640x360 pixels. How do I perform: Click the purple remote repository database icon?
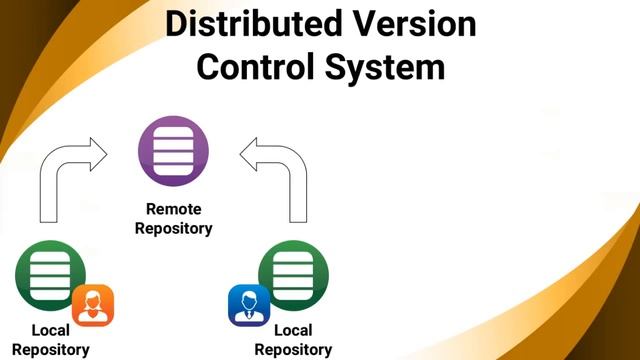click(174, 154)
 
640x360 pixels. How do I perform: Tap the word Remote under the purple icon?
click(174, 209)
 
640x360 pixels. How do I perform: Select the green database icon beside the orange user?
click(48, 275)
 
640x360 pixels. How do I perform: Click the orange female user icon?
click(93, 305)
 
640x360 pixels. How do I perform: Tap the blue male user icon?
click(248, 305)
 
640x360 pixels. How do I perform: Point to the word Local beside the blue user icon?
click(292, 330)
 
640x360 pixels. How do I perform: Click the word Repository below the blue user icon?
click(292, 349)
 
